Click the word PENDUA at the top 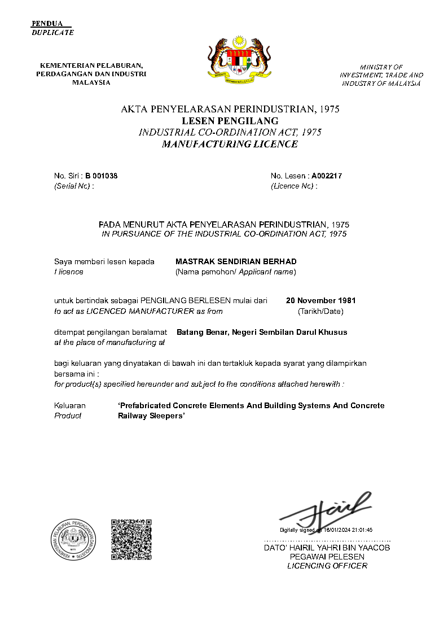tap(47, 24)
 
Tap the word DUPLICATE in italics tap(52, 32)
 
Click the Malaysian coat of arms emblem tap(240, 58)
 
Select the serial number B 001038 tap(102, 176)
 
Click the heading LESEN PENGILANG tap(230, 121)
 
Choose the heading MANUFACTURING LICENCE tap(230, 144)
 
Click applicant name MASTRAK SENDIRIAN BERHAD tap(236, 261)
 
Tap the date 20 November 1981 tap(320, 300)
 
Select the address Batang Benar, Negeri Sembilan tap(262, 332)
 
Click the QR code tap(131, 540)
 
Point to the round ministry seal tap(74, 540)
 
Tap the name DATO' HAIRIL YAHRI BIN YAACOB tap(327, 548)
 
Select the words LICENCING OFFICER tap(327, 566)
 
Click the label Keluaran tap(70, 405)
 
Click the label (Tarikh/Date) tap(320, 311)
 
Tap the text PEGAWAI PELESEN tap(327, 557)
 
